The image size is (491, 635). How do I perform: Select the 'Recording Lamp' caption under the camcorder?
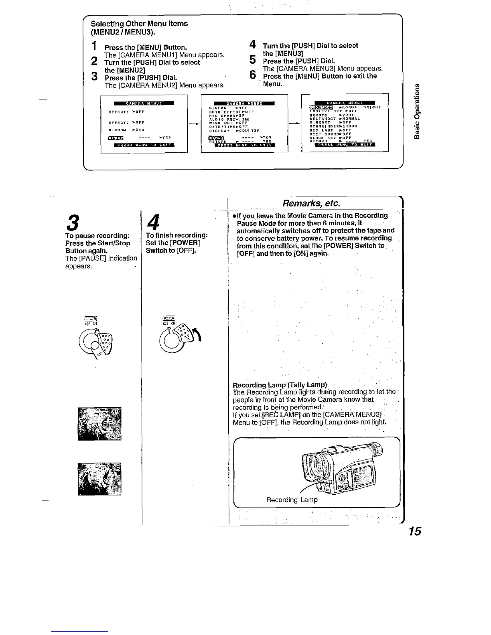[292, 500]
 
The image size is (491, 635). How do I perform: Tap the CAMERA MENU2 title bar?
[244, 103]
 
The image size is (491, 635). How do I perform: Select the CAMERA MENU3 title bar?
[345, 103]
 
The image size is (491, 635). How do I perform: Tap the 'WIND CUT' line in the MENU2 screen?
[229, 123]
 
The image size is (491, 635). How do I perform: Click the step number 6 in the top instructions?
[252, 75]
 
